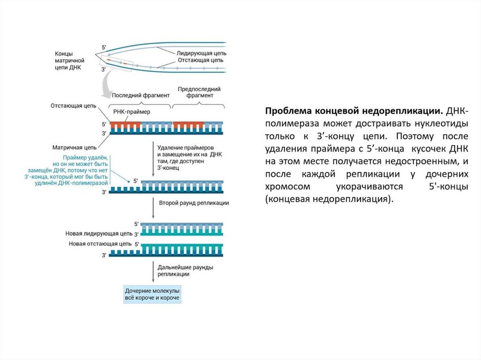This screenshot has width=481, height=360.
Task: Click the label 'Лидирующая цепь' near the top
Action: (202, 54)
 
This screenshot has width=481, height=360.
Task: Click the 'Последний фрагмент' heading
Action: (141, 95)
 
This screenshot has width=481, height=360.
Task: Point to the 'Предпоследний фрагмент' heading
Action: (199, 92)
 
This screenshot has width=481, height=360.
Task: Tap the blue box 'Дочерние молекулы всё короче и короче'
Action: (152, 294)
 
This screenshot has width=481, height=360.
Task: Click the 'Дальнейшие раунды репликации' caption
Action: (186, 270)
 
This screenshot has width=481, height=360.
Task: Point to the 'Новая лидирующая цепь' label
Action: (100, 233)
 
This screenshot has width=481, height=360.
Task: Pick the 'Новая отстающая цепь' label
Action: (100, 244)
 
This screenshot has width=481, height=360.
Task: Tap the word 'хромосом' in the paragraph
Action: (287, 186)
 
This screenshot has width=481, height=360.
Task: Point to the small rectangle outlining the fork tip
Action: (117, 62)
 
